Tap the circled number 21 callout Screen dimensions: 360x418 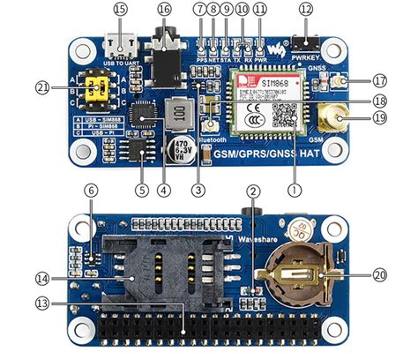pos(41,86)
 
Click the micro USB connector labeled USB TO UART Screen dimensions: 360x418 pos(120,46)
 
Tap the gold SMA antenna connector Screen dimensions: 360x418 pos(336,117)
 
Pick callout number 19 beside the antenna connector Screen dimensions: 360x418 pos(380,116)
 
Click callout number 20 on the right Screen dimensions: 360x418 pos(380,274)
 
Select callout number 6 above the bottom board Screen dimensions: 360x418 pos(90,190)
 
